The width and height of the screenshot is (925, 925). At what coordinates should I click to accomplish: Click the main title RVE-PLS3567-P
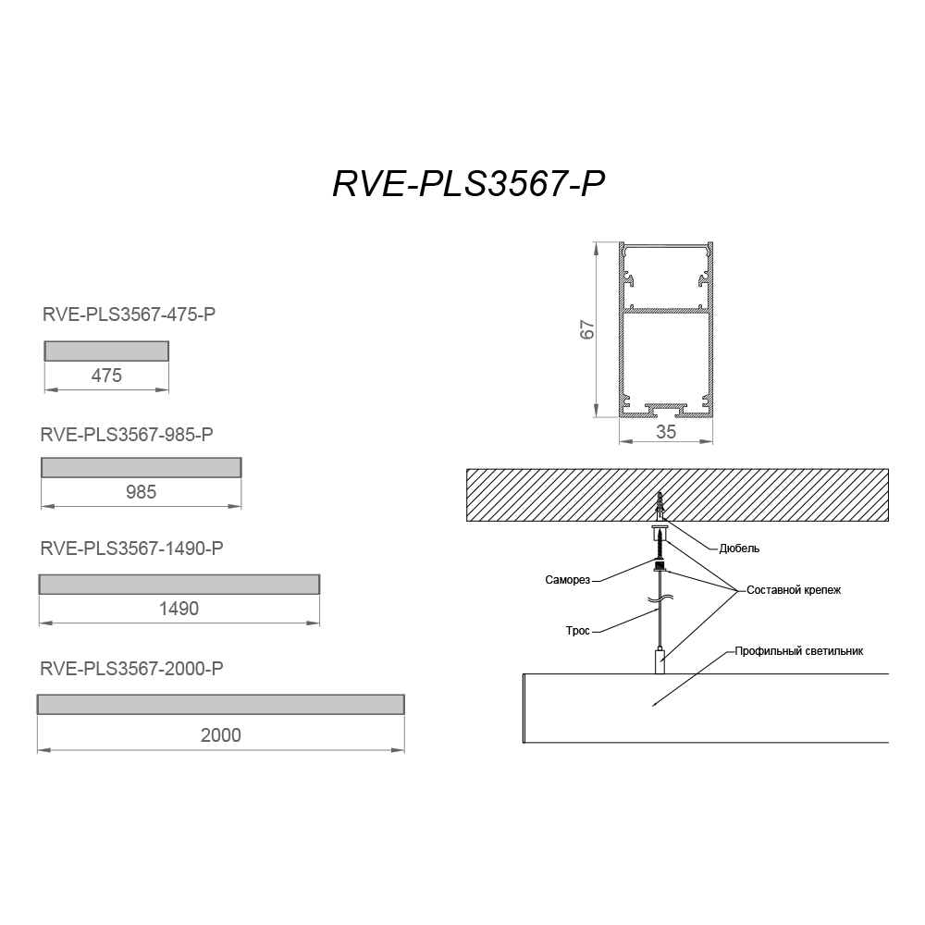(x=469, y=183)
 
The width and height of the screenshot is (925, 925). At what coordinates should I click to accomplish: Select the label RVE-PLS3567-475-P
(x=129, y=314)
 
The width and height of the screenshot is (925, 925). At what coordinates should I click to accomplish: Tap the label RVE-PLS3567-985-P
(x=126, y=435)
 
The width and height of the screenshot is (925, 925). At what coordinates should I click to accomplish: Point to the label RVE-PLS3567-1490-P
(x=131, y=549)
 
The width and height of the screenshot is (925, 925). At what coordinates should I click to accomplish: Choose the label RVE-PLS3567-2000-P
(x=131, y=669)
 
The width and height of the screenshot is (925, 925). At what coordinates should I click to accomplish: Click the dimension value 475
(x=106, y=376)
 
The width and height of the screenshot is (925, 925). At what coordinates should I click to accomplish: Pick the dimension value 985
(x=141, y=492)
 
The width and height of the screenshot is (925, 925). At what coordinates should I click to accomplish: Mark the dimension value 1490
(x=179, y=609)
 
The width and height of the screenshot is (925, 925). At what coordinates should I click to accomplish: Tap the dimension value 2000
(x=221, y=735)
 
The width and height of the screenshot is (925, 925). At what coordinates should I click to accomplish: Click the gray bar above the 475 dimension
(x=106, y=351)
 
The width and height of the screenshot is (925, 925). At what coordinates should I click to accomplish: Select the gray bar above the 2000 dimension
(x=221, y=704)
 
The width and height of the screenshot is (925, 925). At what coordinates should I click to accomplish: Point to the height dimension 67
(x=587, y=329)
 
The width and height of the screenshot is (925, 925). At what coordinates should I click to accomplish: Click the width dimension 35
(x=666, y=432)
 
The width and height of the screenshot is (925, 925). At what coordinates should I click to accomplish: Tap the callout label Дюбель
(x=739, y=549)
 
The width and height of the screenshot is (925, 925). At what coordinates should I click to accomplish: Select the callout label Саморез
(x=568, y=580)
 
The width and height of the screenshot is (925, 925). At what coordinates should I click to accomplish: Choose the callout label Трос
(x=578, y=631)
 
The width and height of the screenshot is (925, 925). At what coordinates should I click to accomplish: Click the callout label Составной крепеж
(x=794, y=590)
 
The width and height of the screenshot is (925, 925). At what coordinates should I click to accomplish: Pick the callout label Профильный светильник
(x=799, y=651)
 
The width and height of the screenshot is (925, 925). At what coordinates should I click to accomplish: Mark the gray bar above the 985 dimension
(x=142, y=467)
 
